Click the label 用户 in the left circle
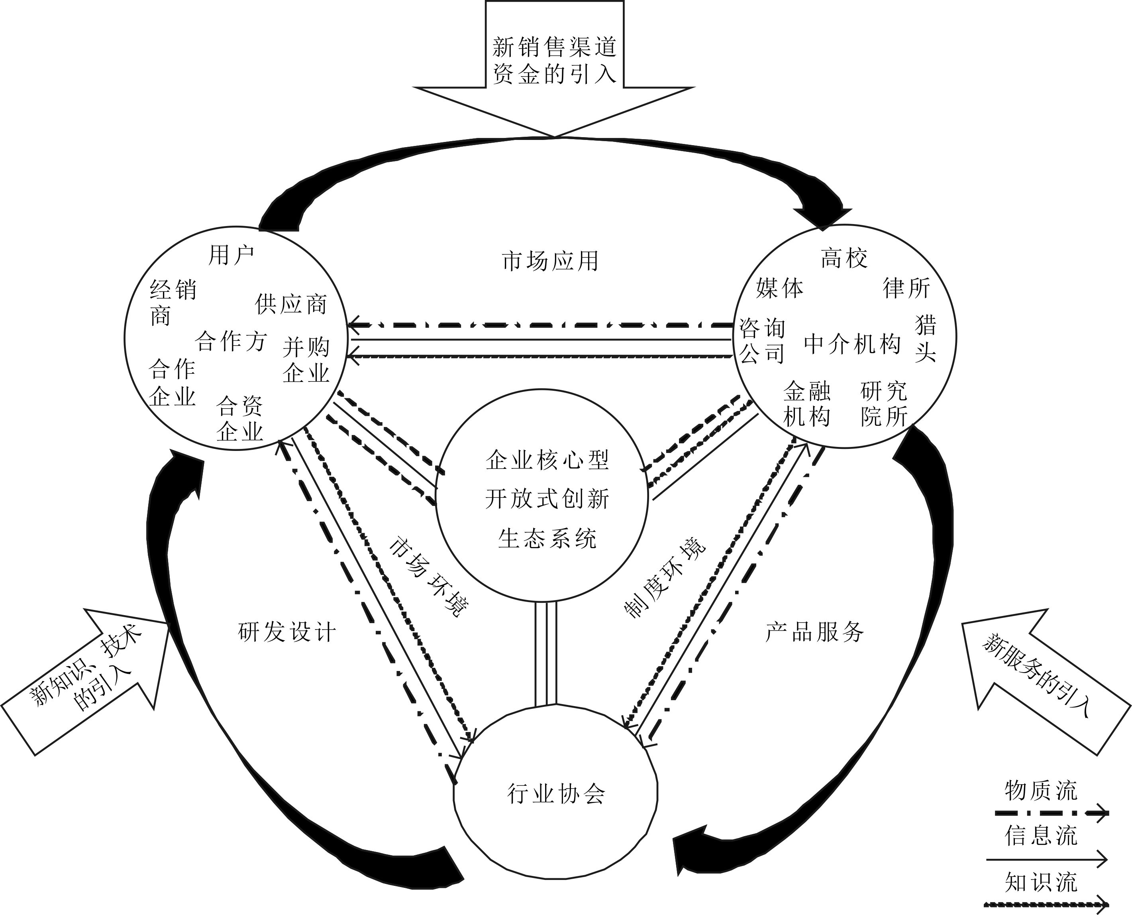(x=231, y=256)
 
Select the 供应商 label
(x=291, y=305)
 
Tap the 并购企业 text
(x=306, y=360)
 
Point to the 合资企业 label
(x=240, y=419)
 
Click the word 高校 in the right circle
(x=844, y=259)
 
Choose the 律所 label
(x=906, y=288)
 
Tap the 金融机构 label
(x=807, y=404)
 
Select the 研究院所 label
(x=884, y=404)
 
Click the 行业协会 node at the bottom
(x=556, y=793)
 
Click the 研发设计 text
(x=287, y=632)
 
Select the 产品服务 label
(x=814, y=632)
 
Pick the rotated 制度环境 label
(x=665, y=578)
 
